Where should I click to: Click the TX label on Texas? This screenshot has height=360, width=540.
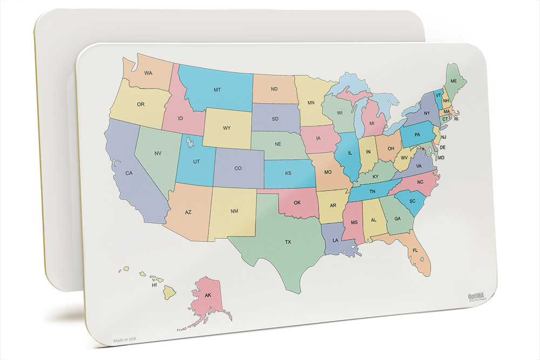(x=288, y=242)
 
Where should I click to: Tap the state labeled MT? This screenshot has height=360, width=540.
(x=217, y=90)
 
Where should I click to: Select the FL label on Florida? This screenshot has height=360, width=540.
(x=415, y=251)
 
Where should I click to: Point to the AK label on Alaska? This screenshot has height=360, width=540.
(x=207, y=295)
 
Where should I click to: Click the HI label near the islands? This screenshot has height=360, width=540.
(x=154, y=284)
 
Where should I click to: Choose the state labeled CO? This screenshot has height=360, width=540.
(x=238, y=168)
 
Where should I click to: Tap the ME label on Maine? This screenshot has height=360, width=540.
(x=454, y=81)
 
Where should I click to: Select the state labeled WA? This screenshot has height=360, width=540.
(x=147, y=73)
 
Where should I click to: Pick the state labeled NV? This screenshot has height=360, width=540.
(x=158, y=153)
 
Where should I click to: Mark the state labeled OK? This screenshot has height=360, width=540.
(x=297, y=203)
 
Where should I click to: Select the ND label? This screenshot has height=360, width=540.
(x=274, y=89)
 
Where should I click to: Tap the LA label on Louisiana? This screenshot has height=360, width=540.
(x=335, y=240)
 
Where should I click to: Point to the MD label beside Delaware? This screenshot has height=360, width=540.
(x=441, y=158)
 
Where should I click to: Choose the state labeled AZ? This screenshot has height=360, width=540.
(x=188, y=212)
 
